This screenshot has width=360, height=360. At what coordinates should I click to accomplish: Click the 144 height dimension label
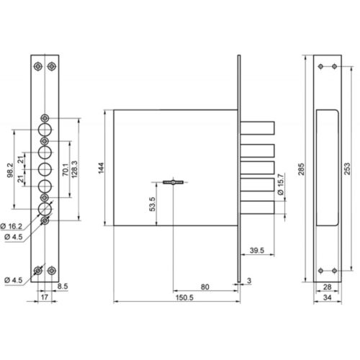coord(101,168)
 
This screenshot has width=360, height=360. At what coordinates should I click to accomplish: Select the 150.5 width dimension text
coord(184,297)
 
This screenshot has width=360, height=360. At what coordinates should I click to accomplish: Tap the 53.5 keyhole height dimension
coord(153,204)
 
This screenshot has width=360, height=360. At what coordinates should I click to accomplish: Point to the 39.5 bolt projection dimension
coord(257,251)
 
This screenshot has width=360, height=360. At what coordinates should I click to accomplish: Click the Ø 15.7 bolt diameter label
coord(280,184)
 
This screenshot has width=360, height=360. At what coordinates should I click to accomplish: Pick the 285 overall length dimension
coord(301,169)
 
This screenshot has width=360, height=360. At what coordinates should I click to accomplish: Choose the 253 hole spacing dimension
coord(347,168)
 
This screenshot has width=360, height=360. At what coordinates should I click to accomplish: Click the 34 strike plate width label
coord(328,297)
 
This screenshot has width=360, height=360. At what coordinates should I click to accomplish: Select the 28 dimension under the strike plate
coord(328,287)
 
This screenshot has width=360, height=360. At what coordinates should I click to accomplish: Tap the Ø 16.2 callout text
coord(12,226)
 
